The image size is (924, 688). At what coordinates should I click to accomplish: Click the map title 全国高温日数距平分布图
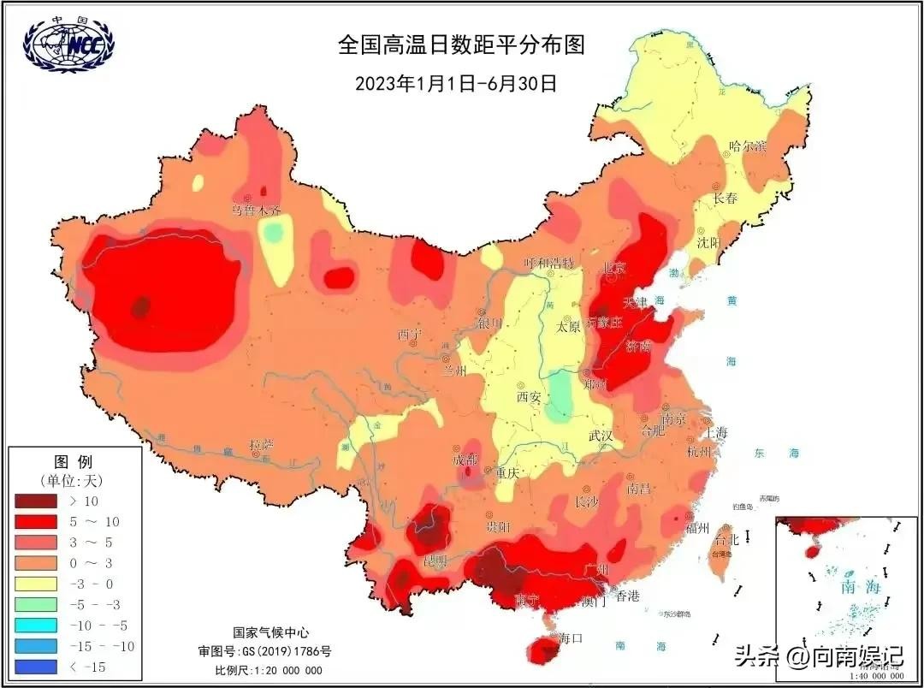pos(461,45)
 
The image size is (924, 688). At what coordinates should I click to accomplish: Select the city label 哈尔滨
pos(747,145)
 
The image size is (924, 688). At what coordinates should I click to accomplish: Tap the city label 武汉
pos(600,436)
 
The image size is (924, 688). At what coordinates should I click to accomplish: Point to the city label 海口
pos(570,638)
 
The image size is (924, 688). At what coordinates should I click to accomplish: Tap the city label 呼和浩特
pos(550,262)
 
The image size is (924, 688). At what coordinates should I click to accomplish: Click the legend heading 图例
pos(73,462)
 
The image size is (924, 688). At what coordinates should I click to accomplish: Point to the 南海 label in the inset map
pos(860,587)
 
